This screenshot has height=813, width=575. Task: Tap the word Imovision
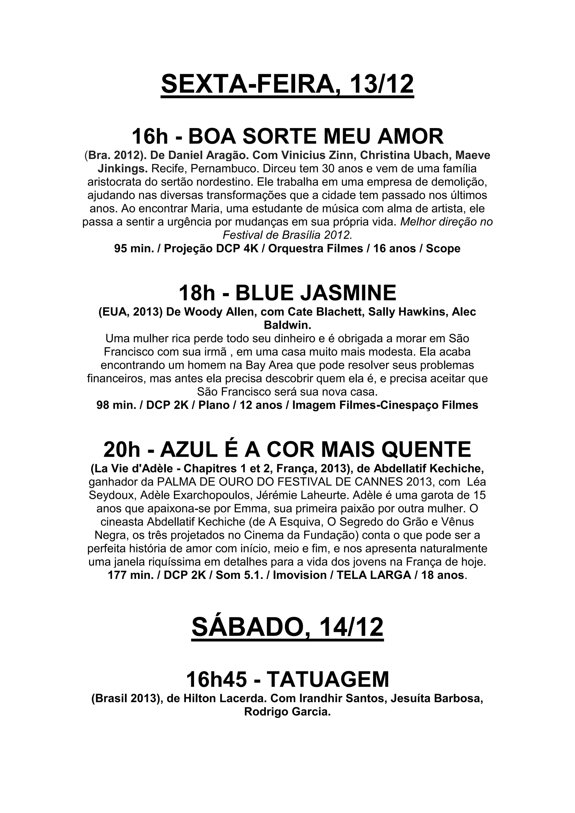click(x=300, y=575)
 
